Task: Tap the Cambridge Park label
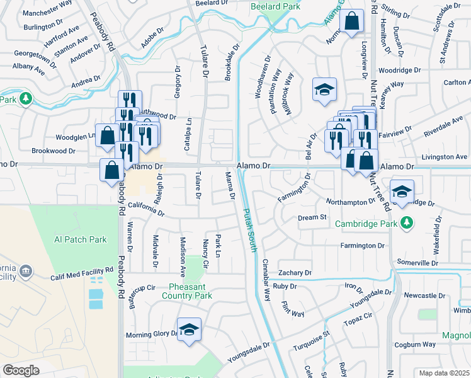366,222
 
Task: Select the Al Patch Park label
80,239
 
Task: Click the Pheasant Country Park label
187,290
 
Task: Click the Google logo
21,370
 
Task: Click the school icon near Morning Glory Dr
189,330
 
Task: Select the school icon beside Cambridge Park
402,192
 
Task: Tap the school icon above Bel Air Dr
325,89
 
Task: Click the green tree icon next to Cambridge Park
407,222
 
